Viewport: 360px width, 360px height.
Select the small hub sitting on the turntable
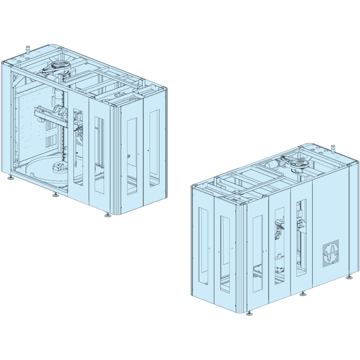coord(60,168)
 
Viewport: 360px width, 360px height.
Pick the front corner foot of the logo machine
coord(249,313)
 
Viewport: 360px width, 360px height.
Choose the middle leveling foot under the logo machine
coord(303,294)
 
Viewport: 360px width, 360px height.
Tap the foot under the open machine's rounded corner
coord(108,215)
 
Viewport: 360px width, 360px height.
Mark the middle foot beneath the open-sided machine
coord(55,195)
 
